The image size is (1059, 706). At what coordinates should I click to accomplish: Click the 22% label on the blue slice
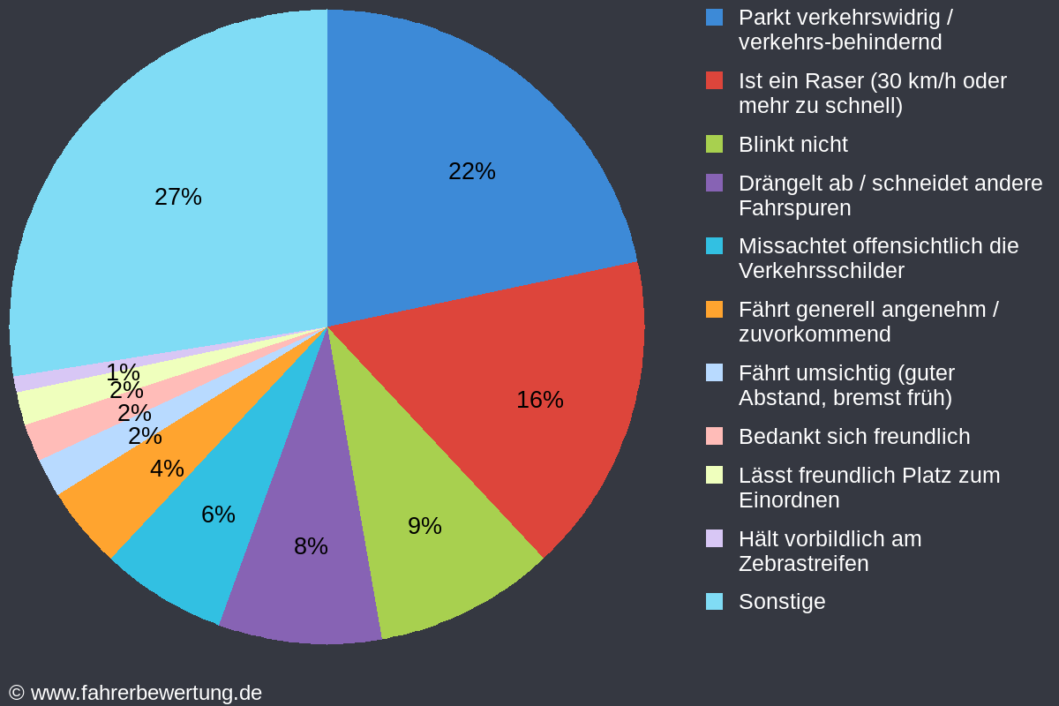click(471, 171)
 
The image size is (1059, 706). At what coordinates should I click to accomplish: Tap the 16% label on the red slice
click(539, 400)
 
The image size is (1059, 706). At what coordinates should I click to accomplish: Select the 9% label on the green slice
click(424, 526)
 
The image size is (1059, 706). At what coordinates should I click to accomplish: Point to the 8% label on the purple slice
click(311, 546)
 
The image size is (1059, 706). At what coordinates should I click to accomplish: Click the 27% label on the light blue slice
click(178, 197)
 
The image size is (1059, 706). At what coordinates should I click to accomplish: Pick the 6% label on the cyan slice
click(218, 514)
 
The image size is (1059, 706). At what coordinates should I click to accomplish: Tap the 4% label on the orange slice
click(167, 469)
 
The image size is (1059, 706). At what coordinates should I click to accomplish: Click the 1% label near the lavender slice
click(123, 372)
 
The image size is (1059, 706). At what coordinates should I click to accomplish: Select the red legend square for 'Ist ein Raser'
click(715, 80)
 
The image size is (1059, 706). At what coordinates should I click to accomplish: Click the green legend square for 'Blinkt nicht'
click(715, 144)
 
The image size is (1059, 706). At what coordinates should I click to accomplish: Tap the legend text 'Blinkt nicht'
click(792, 145)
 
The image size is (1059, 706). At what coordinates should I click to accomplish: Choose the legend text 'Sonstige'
click(782, 602)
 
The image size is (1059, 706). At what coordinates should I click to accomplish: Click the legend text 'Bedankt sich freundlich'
click(853, 437)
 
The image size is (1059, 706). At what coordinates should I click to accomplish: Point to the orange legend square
click(715, 310)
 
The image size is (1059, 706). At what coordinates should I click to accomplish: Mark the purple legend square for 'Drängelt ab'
click(715, 183)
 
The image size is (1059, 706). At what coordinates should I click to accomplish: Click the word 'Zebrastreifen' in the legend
click(803, 564)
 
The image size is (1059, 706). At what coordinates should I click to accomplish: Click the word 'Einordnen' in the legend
click(788, 500)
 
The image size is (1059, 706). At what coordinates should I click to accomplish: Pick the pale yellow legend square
click(715, 475)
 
